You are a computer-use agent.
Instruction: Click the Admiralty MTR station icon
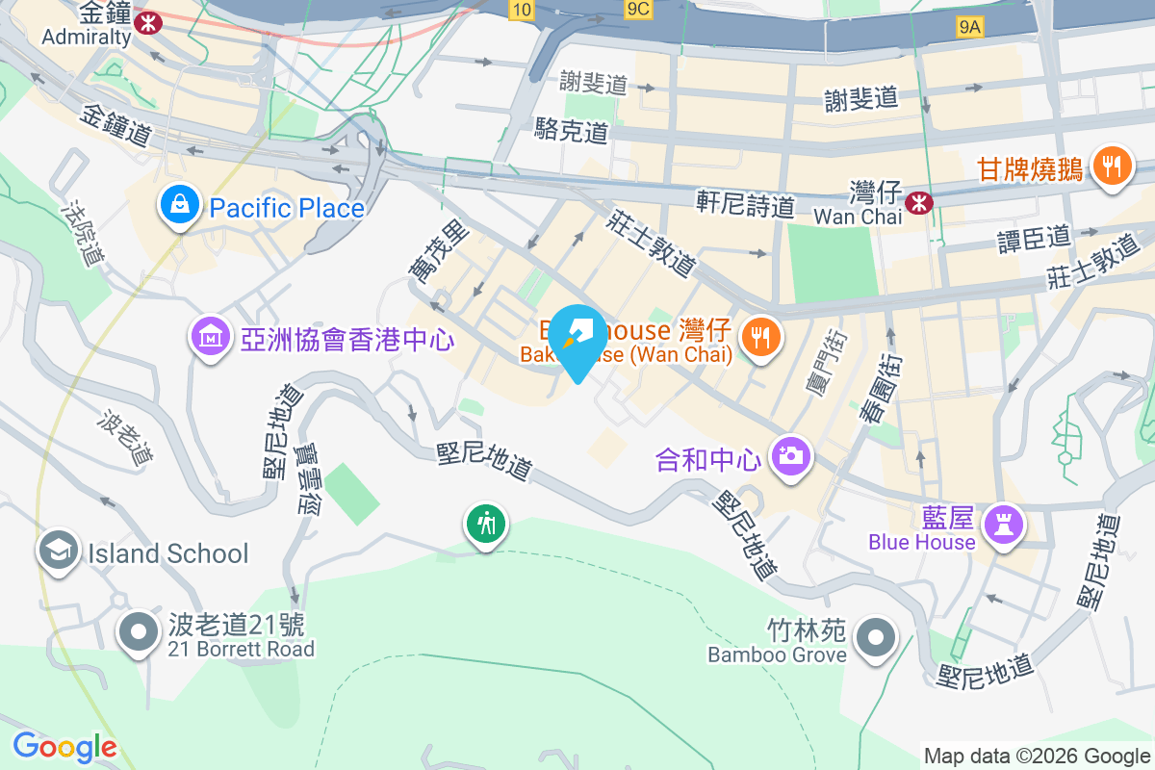148,21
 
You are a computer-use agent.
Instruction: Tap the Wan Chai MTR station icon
921,201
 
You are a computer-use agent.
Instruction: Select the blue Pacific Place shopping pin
179,205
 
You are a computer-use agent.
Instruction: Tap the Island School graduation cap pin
58,552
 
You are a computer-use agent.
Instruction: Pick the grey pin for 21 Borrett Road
138,633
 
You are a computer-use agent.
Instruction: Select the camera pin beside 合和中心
792,455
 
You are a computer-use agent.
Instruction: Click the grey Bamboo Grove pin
875,638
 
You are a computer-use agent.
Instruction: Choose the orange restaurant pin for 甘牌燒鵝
1113,167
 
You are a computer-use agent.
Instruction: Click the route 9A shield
970,28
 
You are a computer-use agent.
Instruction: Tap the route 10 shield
521,10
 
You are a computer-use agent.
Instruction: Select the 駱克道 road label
572,130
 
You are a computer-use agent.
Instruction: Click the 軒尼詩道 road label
746,203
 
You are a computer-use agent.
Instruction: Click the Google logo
64,747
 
